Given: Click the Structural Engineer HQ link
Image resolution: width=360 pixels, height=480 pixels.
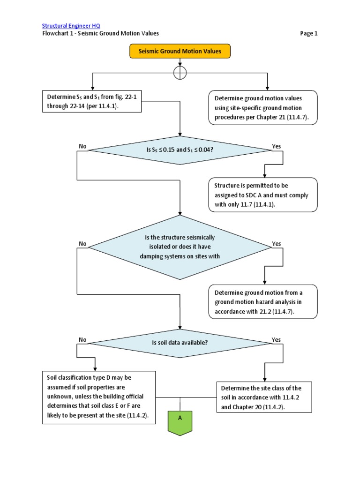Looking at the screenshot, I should pos(71,25).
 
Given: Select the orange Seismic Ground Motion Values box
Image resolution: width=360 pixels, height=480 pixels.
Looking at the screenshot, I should pos(180,51).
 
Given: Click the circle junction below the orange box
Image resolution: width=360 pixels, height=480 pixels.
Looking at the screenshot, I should pos(180,73).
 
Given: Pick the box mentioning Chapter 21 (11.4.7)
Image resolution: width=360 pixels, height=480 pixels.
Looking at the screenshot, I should pos(262,107).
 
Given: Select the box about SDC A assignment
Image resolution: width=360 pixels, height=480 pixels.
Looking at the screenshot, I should pos(262,195).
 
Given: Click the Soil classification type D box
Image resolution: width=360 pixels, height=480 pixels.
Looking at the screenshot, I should pos(99,397).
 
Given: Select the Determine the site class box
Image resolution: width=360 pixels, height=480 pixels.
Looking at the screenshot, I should pos(264,397).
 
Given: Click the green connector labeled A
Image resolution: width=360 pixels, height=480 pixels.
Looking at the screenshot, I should pos(180,420).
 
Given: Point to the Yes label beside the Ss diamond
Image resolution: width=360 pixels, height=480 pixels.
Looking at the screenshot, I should pos(277,146).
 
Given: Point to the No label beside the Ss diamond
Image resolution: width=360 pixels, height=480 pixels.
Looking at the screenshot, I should pos(83,146).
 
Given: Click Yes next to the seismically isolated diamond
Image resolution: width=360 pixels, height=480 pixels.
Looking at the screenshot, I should pos(277,244).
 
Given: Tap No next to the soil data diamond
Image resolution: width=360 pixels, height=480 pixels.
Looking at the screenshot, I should pos(83,339).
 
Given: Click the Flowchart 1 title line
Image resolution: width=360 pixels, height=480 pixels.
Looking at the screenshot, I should pos(101,33).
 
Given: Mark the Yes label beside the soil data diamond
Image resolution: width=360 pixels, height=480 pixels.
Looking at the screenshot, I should pos(277,339).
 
